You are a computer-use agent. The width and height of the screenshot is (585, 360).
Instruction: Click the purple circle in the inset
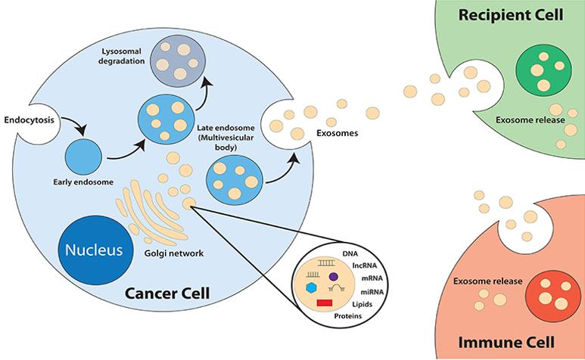333,278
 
